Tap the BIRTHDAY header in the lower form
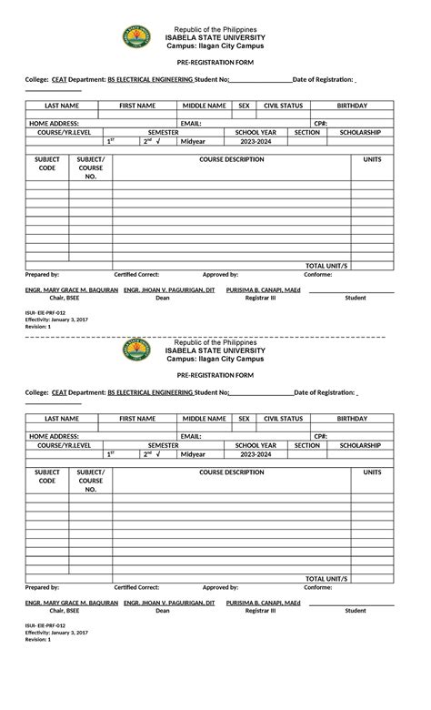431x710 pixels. (352, 419)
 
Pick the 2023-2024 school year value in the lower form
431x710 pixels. (256, 454)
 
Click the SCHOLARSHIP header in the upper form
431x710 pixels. (360, 132)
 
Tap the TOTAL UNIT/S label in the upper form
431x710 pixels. (326, 264)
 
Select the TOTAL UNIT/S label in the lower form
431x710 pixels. (326, 577)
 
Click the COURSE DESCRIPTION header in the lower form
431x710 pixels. (232, 472)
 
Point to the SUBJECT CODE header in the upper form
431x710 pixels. (46, 164)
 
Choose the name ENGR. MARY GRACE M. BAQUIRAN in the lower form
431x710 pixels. (71, 603)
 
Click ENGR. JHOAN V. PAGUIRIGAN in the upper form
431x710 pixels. (169, 289)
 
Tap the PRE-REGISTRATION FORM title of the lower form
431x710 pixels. (215, 375)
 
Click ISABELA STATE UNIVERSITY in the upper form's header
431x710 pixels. (215, 36)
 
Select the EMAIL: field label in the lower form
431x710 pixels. (190, 436)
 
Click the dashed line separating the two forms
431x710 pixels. (215, 337)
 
